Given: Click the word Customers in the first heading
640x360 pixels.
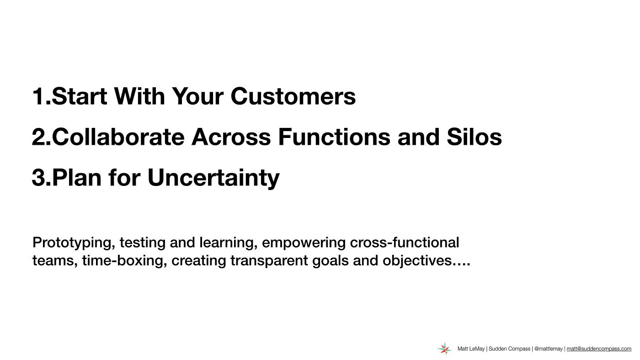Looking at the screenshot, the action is click(x=293, y=96).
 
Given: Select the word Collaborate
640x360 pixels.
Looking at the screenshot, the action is click(x=118, y=137).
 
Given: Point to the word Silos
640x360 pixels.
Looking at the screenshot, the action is click(x=475, y=137).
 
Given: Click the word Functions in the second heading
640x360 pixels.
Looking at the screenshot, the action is click(x=334, y=137).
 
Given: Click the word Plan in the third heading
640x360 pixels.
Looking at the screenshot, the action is click(x=77, y=177).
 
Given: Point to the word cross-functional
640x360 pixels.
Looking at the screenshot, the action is click(x=405, y=243).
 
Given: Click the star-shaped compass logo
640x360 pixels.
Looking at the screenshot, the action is click(x=444, y=349).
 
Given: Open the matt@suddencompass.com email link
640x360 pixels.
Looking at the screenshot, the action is click(x=599, y=349).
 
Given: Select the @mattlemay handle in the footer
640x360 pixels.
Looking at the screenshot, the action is click(x=548, y=349).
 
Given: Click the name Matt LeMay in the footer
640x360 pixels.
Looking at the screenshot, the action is click(x=471, y=349).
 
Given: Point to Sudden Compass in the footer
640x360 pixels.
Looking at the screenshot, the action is click(x=509, y=349).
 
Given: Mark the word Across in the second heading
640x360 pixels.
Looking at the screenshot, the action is click(x=231, y=137).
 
